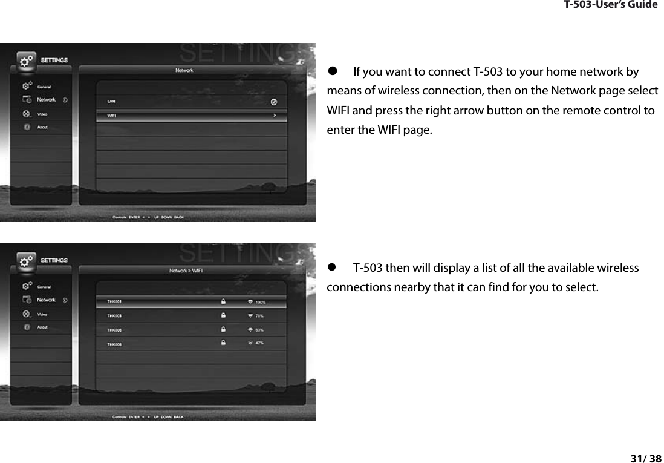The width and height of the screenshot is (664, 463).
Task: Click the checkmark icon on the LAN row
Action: point(274,102)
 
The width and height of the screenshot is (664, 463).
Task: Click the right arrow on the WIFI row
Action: point(275,115)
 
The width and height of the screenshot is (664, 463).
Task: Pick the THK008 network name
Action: point(114,344)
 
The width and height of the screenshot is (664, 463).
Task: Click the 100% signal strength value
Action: point(260,301)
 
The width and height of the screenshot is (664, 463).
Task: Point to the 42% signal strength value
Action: point(259,343)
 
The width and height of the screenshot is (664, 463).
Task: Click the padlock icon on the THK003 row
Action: point(223,315)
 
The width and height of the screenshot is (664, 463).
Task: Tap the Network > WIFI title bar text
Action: point(185,271)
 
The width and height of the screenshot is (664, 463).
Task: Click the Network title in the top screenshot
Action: point(184,71)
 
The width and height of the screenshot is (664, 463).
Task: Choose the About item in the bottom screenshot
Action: point(42,327)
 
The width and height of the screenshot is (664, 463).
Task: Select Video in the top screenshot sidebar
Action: point(42,114)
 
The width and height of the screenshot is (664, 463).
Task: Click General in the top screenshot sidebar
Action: point(44,87)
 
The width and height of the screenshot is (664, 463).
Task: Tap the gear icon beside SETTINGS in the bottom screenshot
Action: point(25,261)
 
